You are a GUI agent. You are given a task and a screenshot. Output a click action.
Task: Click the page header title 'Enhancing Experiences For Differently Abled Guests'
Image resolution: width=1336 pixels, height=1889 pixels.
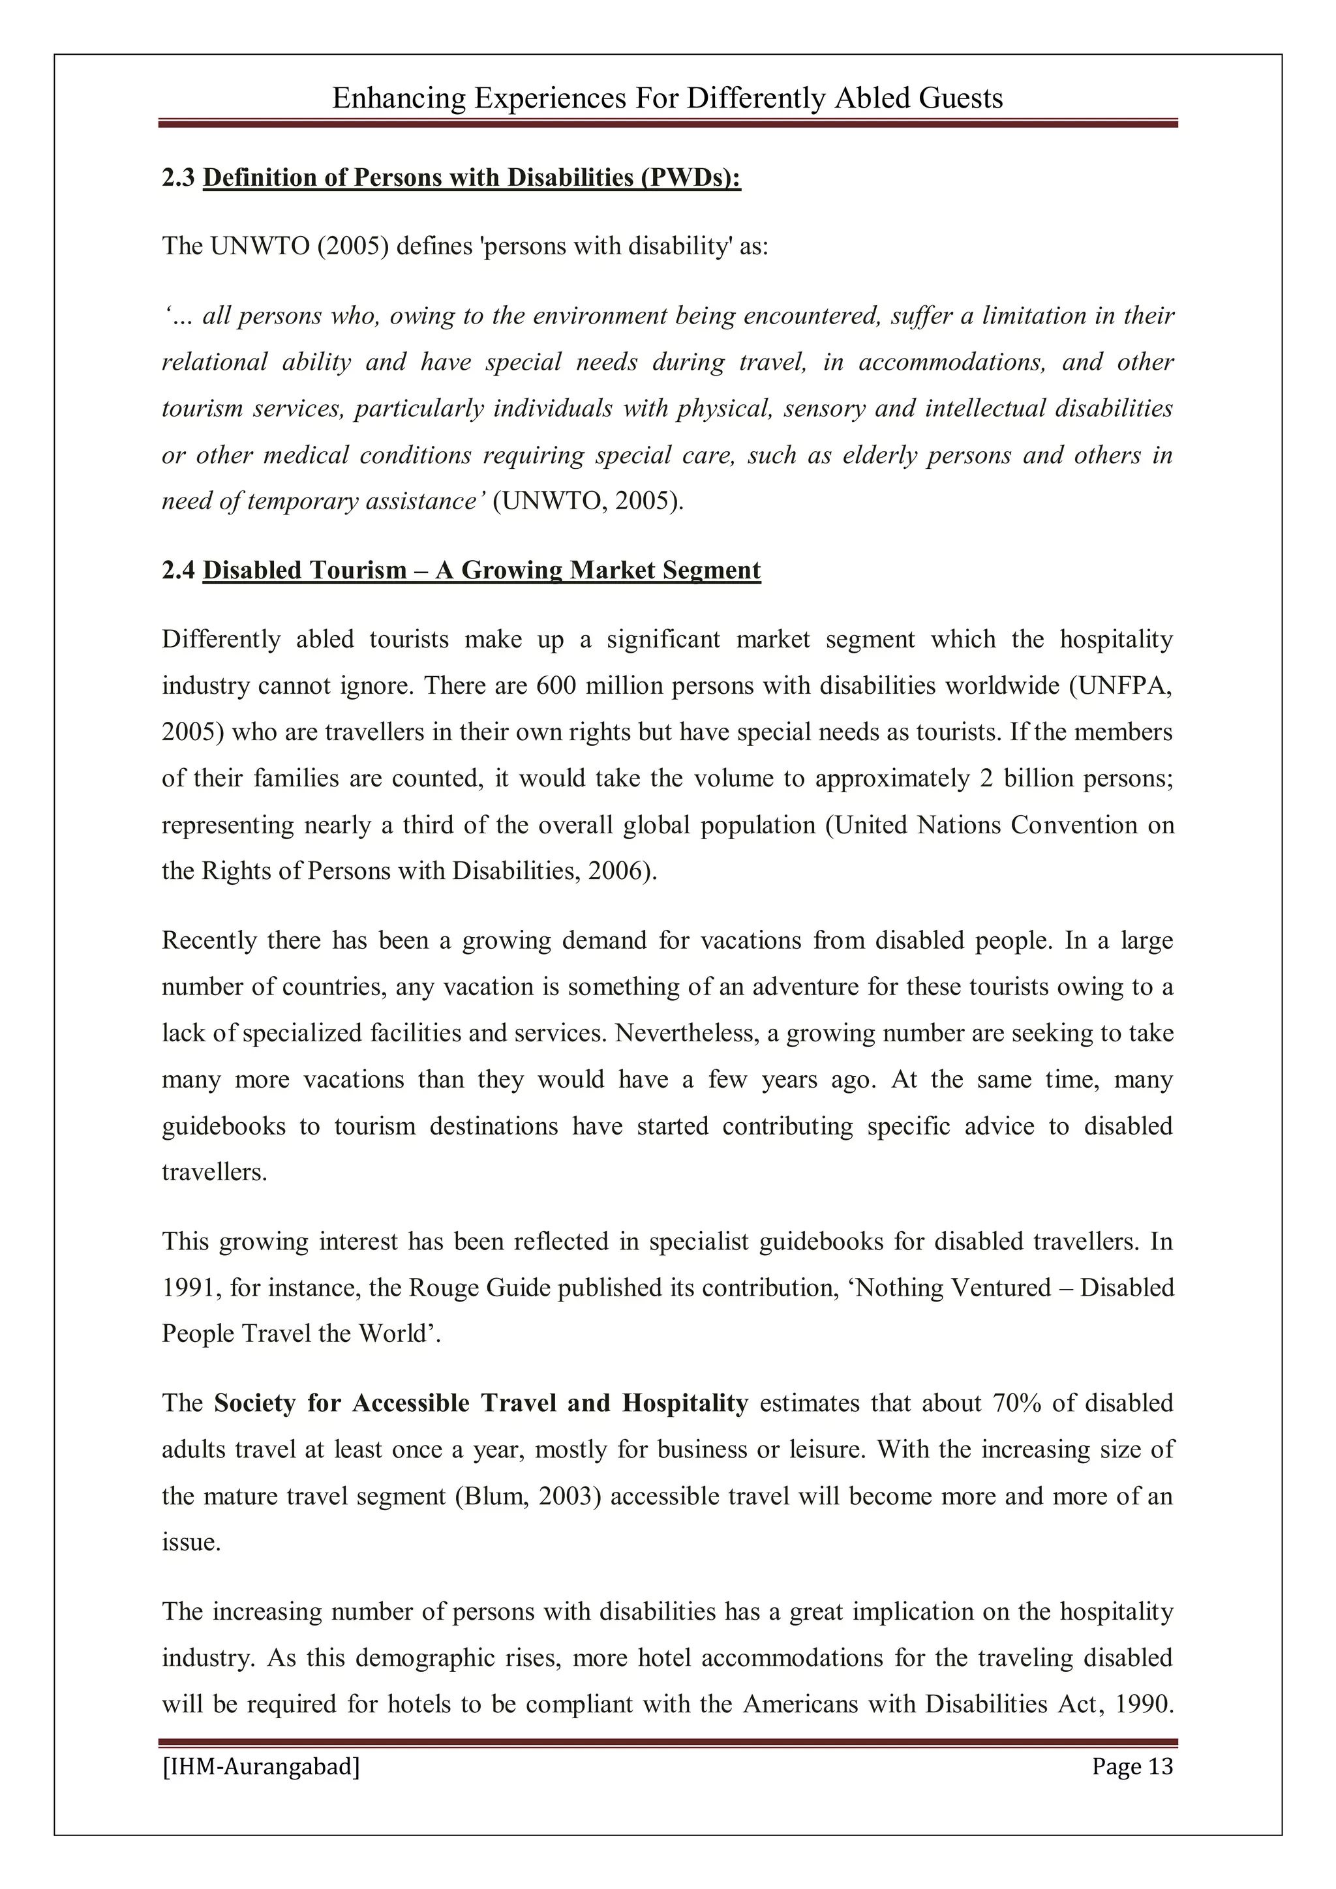point(667,98)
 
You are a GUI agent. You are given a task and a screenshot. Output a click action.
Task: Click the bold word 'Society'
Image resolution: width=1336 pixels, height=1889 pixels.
point(254,1403)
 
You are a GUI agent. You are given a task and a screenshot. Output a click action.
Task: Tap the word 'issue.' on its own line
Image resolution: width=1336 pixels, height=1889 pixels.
point(191,1542)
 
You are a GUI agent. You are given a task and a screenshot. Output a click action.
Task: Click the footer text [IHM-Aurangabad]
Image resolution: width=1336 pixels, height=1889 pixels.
point(261,1766)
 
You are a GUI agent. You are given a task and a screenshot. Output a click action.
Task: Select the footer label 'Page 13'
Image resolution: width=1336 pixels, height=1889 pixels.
point(1132,1766)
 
